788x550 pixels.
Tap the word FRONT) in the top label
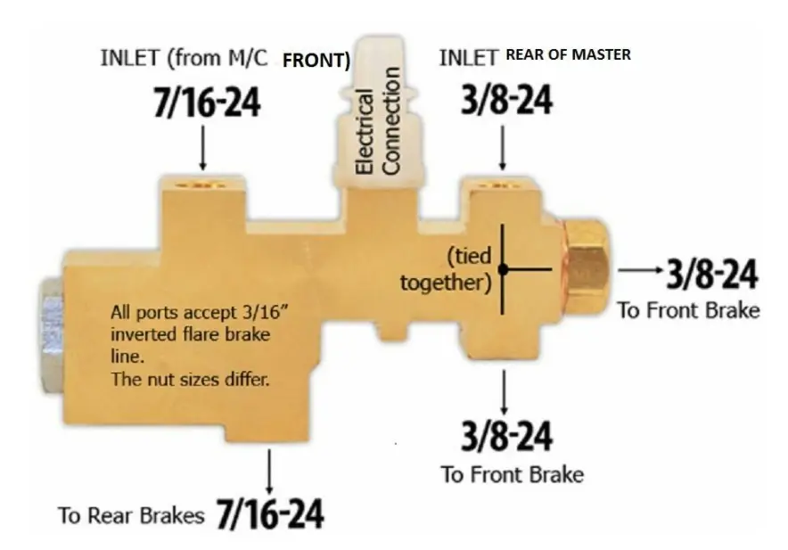(316, 61)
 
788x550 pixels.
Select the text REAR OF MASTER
(568, 54)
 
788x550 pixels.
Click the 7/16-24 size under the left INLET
(207, 103)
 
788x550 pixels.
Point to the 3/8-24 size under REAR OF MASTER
(506, 100)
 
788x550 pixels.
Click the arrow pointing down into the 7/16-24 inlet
(202, 147)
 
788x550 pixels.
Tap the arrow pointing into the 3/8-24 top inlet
(503, 147)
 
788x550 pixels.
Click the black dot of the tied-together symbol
(503, 269)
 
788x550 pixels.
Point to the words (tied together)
(446, 269)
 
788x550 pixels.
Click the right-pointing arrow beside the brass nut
(640, 270)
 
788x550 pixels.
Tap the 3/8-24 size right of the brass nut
(712, 275)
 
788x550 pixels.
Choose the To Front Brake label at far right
(688, 310)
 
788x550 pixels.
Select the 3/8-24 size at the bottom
(506, 435)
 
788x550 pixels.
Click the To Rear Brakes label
(131, 515)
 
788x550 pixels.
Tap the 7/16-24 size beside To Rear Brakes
(270, 513)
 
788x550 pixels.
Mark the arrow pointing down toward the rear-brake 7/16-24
(269, 472)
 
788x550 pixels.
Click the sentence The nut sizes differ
(190, 379)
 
